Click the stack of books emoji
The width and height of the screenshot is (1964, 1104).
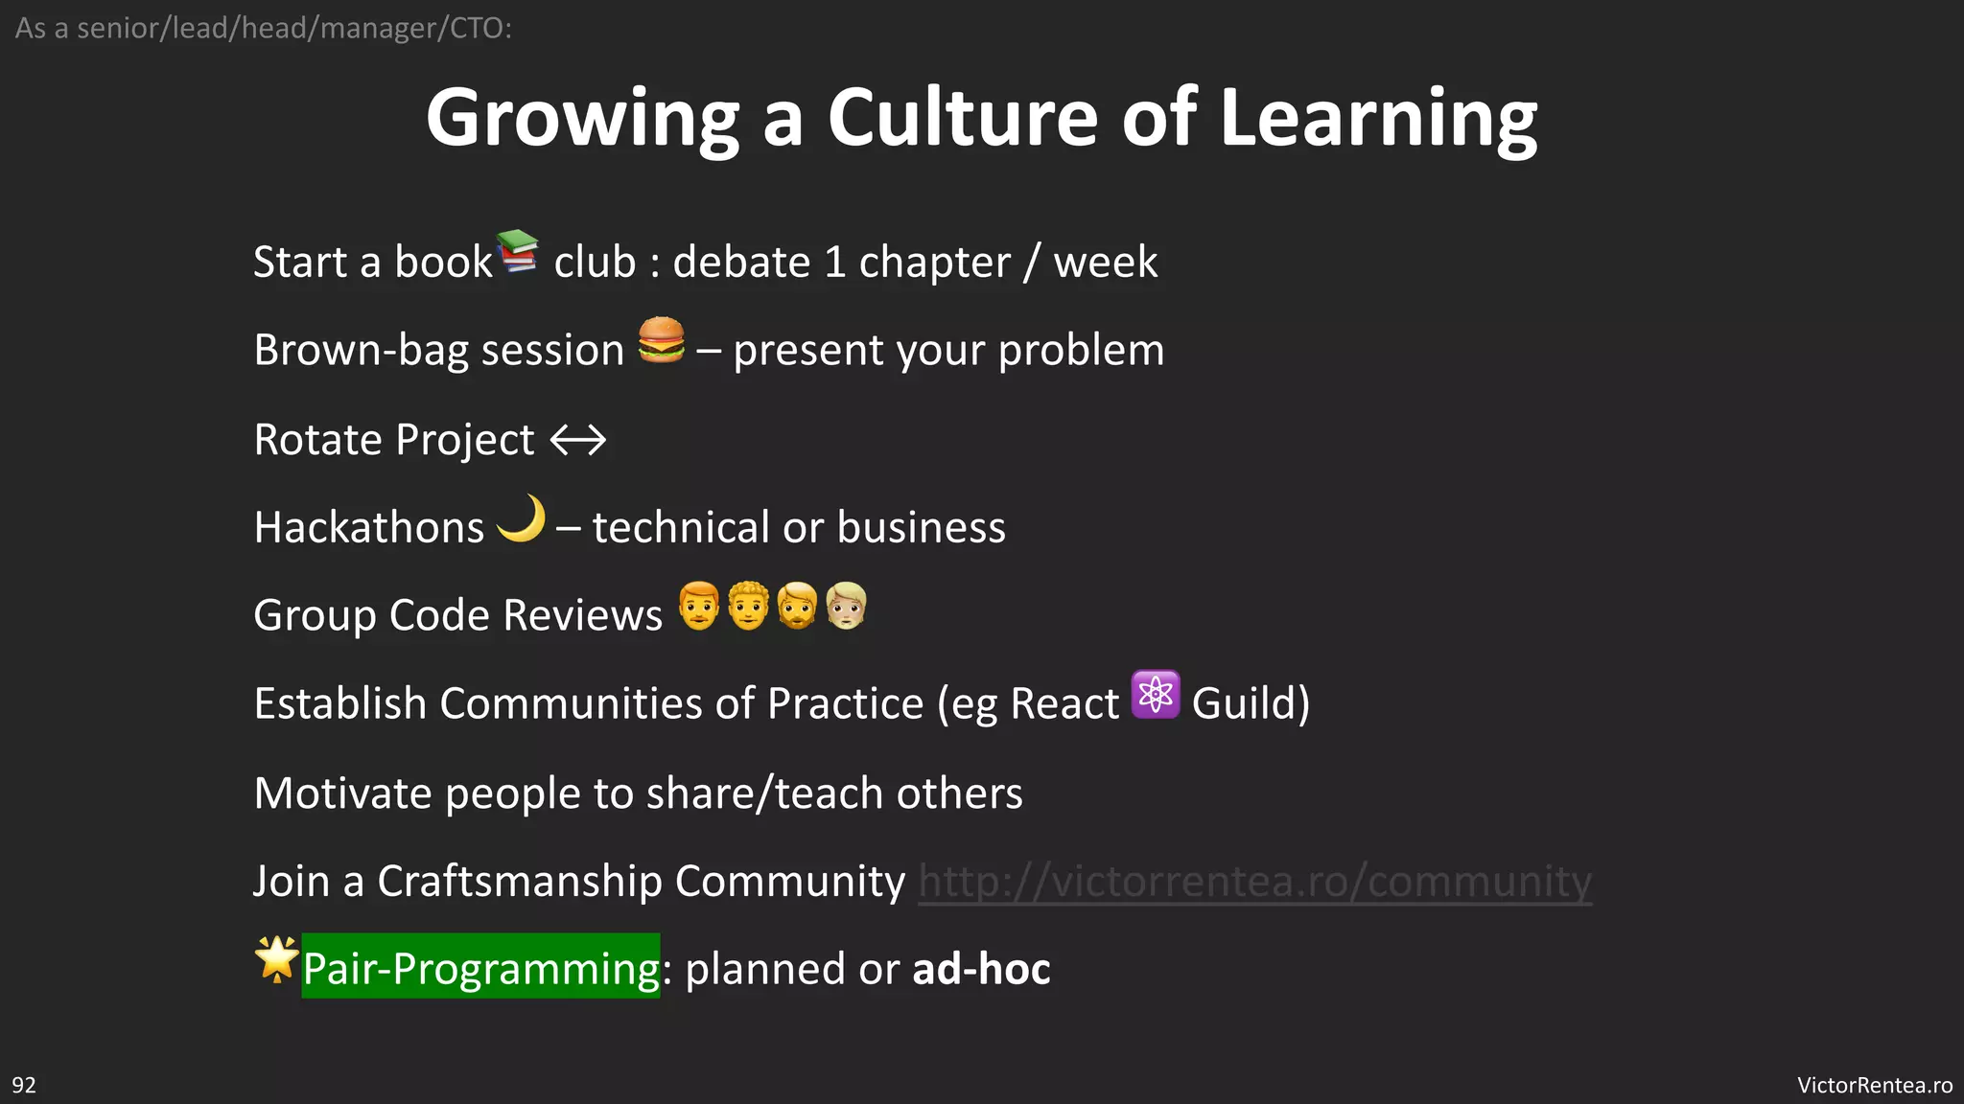click(x=518, y=251)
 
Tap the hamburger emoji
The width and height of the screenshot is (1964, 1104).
click(x=662, y=340)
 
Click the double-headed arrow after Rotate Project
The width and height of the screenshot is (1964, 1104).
click(x=578, y=440)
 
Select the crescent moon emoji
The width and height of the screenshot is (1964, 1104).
click(x=522, y=519)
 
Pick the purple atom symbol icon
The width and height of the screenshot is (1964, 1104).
click(x=1156, y=695)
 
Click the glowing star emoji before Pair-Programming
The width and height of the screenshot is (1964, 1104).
click(x=276, y=958)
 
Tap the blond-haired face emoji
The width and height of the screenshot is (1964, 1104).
click(x=846, y=606)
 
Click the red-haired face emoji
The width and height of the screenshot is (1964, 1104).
click(x=698, y=606)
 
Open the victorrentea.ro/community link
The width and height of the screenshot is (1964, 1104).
click(x=1254, y=882)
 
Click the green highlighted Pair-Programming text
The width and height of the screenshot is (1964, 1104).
click(x=480, y=967)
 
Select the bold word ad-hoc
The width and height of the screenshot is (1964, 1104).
click(x=981, y=969)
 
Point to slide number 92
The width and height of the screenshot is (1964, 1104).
click(x=24, y=1085)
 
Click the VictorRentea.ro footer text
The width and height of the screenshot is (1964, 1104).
click(x=1874, y=1085)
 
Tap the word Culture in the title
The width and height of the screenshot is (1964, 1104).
click(x=962, y=118)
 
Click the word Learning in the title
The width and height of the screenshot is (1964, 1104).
click(x=1379, y=120)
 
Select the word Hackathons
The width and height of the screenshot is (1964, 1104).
click(x=369, y=528)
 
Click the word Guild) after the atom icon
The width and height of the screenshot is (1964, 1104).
click(x=1251, y=704)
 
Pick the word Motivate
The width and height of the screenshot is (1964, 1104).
click(x=342, y=793)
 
